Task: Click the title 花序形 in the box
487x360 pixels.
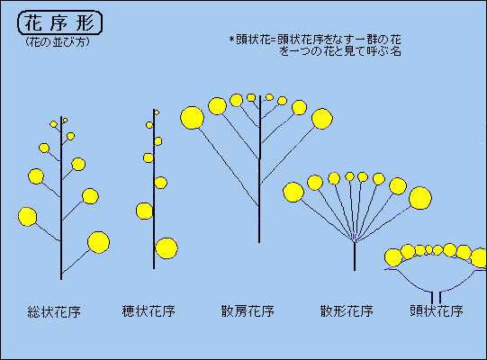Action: [59, 23]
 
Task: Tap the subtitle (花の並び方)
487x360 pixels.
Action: [58, 41]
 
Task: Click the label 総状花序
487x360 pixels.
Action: [54, 311]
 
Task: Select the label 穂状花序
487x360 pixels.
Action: [149, 310]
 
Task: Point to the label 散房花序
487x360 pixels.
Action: [248, 310]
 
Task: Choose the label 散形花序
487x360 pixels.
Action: [347, 310]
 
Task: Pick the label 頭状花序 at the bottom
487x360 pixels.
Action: [437, 310]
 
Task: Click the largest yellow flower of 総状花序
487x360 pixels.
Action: [98, 242]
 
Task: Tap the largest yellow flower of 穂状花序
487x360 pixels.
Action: [167, 248]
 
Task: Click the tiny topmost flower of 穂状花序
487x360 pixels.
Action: [157, 112]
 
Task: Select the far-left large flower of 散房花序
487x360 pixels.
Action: [192, 118]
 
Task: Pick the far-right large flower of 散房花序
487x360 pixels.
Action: [322, 119]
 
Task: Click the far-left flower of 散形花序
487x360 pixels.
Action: [293, 192]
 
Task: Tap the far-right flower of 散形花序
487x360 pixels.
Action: [420, 198]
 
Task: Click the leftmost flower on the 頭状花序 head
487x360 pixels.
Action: [393, 257]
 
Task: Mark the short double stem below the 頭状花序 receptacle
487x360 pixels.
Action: [436, 297]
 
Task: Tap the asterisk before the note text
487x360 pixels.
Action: [231, 40]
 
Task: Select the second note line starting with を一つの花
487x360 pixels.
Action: [340, 51]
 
